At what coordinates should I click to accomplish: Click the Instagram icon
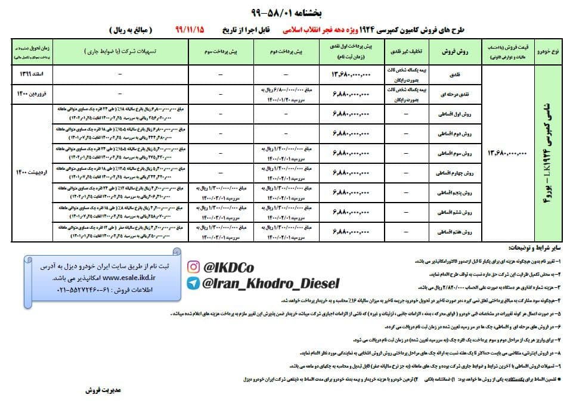[194, 266]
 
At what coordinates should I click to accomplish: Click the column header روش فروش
[456, 52]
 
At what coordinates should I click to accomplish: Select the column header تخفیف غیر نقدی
[409, 52]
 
